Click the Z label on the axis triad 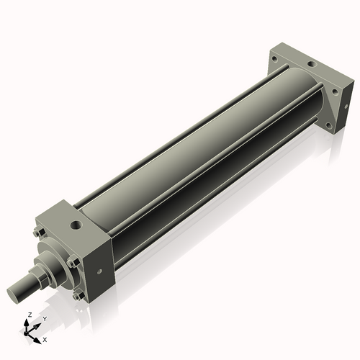[29, 315]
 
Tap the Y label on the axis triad [45, 318]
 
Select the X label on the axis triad [45, 338]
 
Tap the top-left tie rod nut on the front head [39, 233]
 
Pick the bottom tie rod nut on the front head [77, 295]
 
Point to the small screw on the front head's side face [99, 271]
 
